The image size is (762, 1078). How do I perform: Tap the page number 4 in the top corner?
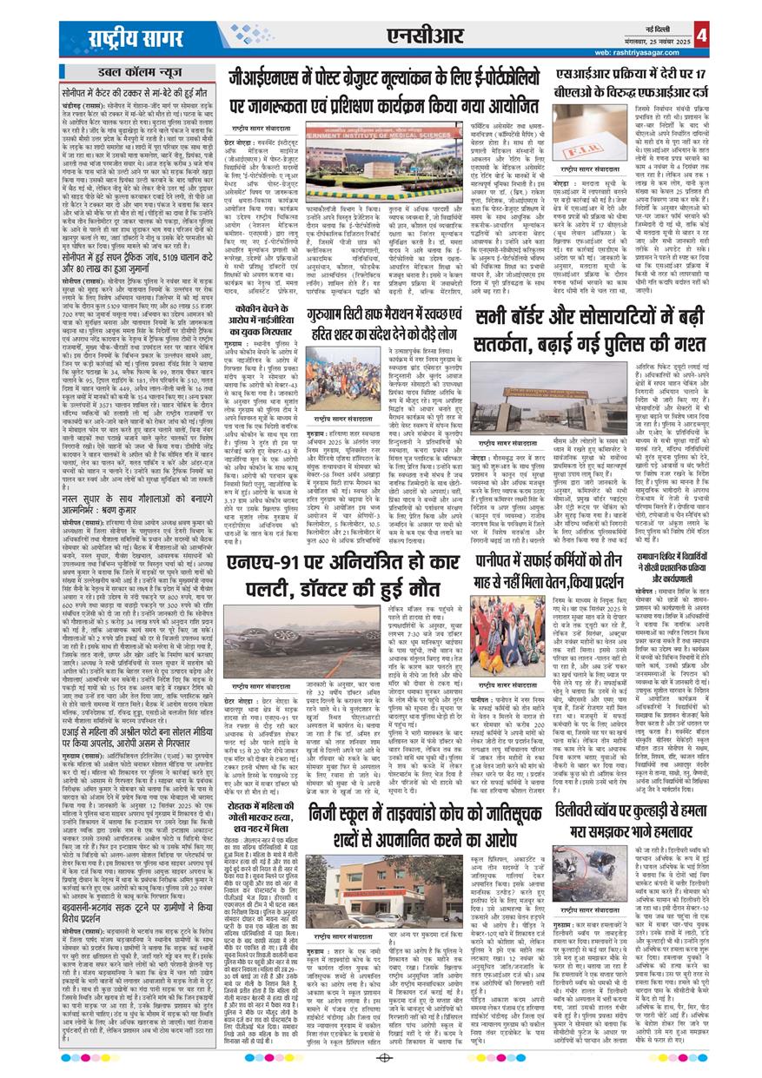click(744, 17)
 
